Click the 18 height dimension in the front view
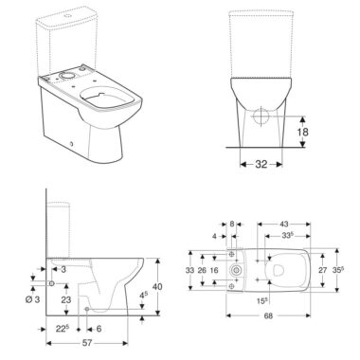tap(302, 132)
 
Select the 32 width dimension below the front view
tap(261, 164)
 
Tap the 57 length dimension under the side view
tap(87, 343)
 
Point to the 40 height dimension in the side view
tap(157, 286)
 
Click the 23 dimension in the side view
tap(66, 299)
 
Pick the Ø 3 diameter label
tap(32, 299)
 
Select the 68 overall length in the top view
tap(268, 315)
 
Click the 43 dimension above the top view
tap(284, 224)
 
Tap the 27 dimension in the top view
tap(322, 270)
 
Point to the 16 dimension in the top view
tap(214, 270)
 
